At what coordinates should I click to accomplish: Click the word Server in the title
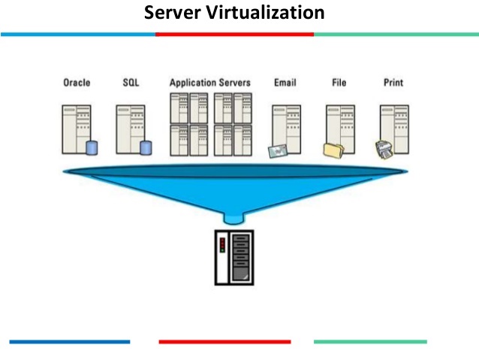[172, 13]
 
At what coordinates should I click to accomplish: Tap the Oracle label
[77, 83]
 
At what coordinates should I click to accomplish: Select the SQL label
[131, 83]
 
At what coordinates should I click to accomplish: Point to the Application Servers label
[210, 83]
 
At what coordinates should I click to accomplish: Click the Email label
[285, 83]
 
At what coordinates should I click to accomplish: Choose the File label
[339, 83]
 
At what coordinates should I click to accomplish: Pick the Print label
[393, 83]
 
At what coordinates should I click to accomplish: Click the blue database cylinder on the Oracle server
[92, 148]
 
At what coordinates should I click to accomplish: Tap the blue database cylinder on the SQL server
[146, 148]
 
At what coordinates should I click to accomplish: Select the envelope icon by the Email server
[278, 151]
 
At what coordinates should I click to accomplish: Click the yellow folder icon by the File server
[333, 151]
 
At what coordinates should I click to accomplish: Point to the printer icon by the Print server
[384, 150]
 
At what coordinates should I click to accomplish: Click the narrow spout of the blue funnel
[234, 219]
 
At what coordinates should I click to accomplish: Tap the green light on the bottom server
[222, 250]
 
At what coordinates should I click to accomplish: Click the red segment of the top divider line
[234, 35]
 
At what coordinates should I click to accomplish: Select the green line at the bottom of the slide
[370, 342]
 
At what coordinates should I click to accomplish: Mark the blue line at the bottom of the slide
[70, 342]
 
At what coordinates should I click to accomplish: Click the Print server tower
[394, 129]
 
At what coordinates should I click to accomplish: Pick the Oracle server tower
[77, 129]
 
